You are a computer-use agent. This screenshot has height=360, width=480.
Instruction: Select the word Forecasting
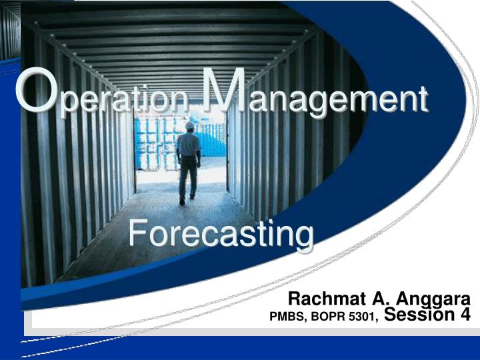point(221,235)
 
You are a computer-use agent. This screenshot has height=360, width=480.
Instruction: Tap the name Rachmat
point(327,299)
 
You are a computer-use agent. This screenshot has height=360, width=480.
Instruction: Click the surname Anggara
point(433,300)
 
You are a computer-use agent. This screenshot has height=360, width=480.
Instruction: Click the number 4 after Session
point(464,315)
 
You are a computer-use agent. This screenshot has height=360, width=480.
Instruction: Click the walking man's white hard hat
point(190,125)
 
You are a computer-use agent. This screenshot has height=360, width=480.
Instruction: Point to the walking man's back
point(189,145)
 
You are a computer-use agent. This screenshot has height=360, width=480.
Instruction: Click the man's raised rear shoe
point(182,201)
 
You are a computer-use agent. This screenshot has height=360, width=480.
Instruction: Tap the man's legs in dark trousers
point(187,177)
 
